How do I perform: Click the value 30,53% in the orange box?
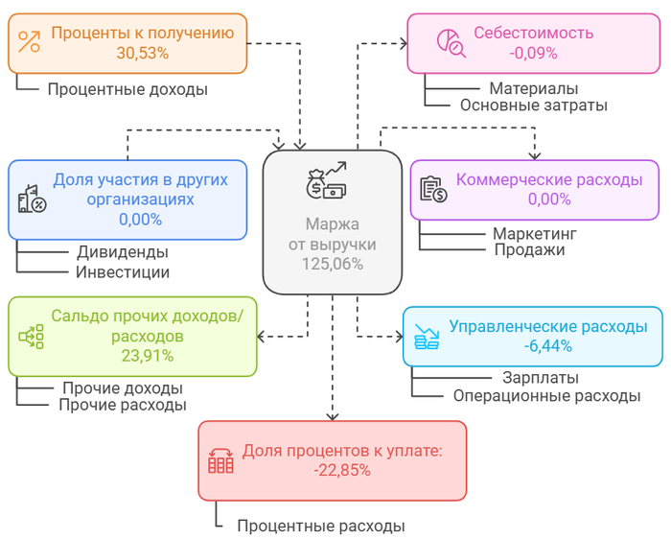coord(143,54)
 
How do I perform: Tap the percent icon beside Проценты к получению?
coord(30,41)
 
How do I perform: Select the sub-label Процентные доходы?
coord(127,89)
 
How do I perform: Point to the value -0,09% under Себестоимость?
coord(534,54)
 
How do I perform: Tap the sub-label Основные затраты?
coord(533,105)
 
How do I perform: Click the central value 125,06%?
coord(333,264)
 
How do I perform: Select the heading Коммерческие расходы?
coord(549,179)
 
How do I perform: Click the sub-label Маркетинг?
coord(535,233)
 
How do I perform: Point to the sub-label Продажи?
coord(529,249)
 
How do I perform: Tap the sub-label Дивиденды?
coord(123,252)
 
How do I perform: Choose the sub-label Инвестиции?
coord(123,271)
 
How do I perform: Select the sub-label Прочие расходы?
coord(123,405)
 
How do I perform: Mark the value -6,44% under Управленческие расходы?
coord(547,345)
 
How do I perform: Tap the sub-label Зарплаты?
coord(541,378)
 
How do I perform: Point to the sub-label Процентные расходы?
coord(321,526)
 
